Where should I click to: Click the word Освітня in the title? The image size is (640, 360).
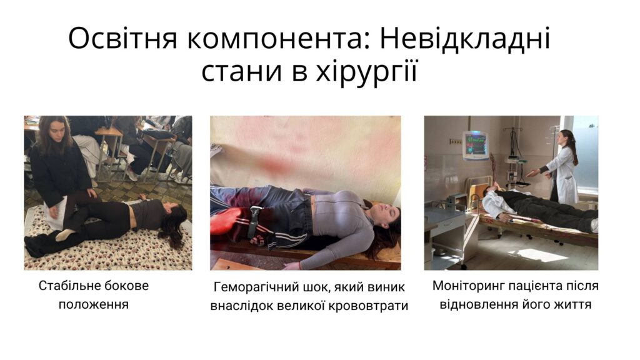(x=122, y=39)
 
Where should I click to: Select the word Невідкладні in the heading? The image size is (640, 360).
(x=465, y=39)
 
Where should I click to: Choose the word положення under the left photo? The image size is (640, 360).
(x=94, y=304)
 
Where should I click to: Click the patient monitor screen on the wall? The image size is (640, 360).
(x=476, y=145)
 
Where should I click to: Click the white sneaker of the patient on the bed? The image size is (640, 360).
(x=594, y=225)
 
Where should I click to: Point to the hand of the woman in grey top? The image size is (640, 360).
(x=291, y=266)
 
